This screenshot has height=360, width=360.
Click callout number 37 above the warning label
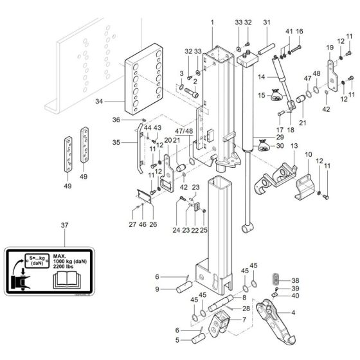(64, 226)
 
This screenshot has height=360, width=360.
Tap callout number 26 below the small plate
(153, 225)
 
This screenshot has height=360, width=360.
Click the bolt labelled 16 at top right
(299, 32)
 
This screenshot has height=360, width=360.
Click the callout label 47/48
(183, 131)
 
